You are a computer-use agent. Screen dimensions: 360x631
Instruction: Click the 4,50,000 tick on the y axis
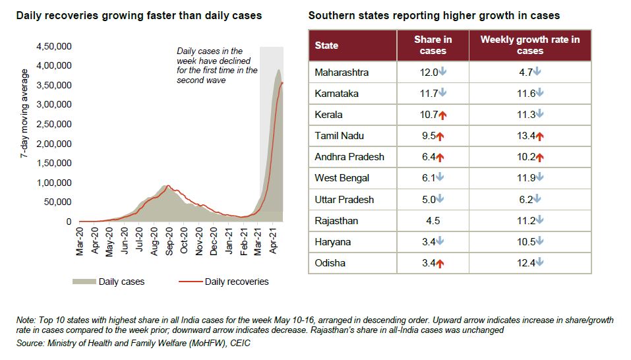click(53, 46)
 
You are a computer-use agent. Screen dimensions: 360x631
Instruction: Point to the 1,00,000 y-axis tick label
click(53, 183)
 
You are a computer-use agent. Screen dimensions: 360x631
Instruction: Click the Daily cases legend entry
click(121, 282)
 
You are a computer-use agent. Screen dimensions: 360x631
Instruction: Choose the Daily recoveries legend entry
click(237, 282)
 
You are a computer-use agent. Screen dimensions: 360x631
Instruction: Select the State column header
click(326, 45)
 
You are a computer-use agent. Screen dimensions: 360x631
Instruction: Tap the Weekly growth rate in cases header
click(530, 45)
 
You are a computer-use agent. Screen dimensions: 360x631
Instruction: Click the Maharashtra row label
click(342, 73)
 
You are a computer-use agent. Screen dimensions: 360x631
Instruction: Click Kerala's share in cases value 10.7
click(429, 115)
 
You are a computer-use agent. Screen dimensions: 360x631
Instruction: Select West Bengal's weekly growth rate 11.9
click(526, 178)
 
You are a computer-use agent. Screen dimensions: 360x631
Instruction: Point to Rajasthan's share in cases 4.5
click(433, 221)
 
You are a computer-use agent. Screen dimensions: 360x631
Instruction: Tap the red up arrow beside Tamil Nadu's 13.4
click(540, 136)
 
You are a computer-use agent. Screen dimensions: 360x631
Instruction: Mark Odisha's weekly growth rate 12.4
click(526, 263)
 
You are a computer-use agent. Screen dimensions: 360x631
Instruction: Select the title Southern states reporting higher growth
click(434, 15)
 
